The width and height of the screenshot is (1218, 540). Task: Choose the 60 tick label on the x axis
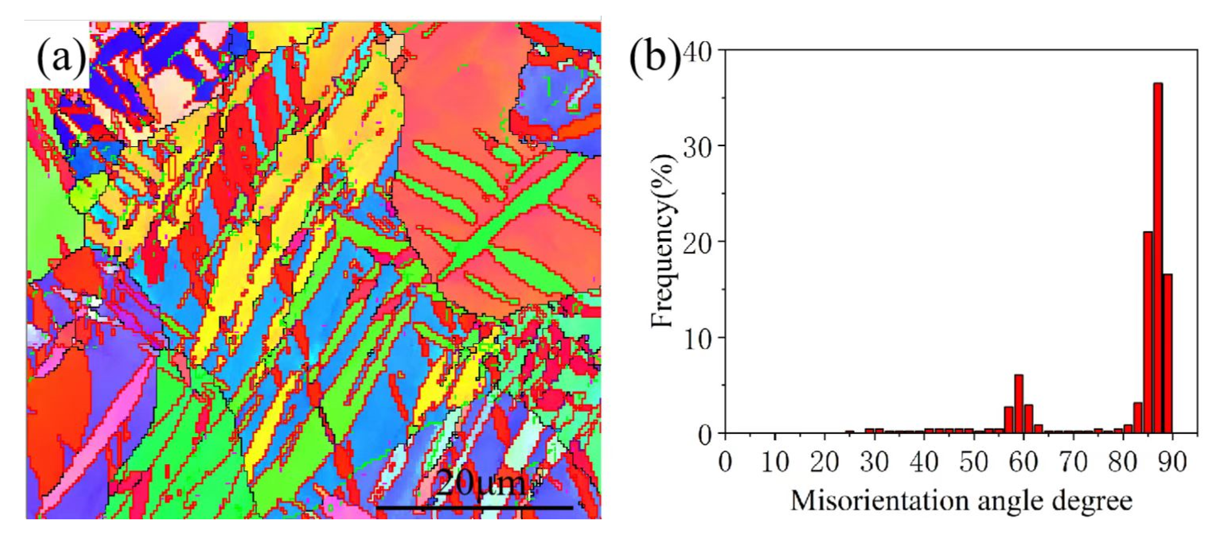click(1023, 461)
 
